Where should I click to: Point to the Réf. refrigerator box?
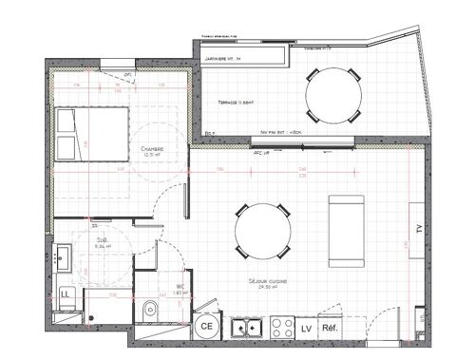pos(331,329)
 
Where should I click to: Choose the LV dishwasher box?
pos(306,329)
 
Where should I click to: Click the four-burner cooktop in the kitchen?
pos(280,329)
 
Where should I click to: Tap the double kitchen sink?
pos(249,329)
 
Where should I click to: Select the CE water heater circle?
pos(206,327)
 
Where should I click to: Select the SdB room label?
pos(102,243)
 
